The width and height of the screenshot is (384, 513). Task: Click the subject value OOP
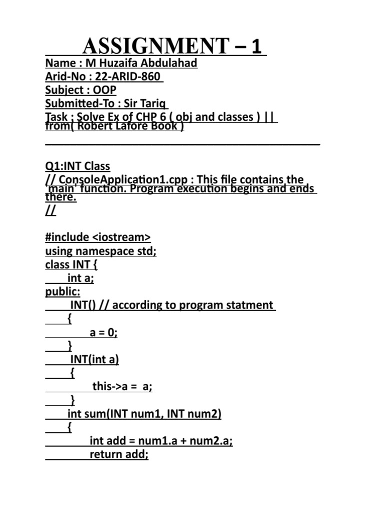pos(104,90)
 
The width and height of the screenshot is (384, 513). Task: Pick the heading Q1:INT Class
pos(77,166)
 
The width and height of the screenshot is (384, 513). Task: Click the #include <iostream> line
pos(98,237)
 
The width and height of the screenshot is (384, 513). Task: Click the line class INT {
pos(72,265)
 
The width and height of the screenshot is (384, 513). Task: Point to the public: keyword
pos(62,292)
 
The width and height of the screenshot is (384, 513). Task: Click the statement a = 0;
pos(103,332)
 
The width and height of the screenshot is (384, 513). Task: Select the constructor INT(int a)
pos(94,359)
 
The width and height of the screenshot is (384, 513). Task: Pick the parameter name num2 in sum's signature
pos(201,414)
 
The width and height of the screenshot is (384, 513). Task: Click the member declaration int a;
pos(80,278)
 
